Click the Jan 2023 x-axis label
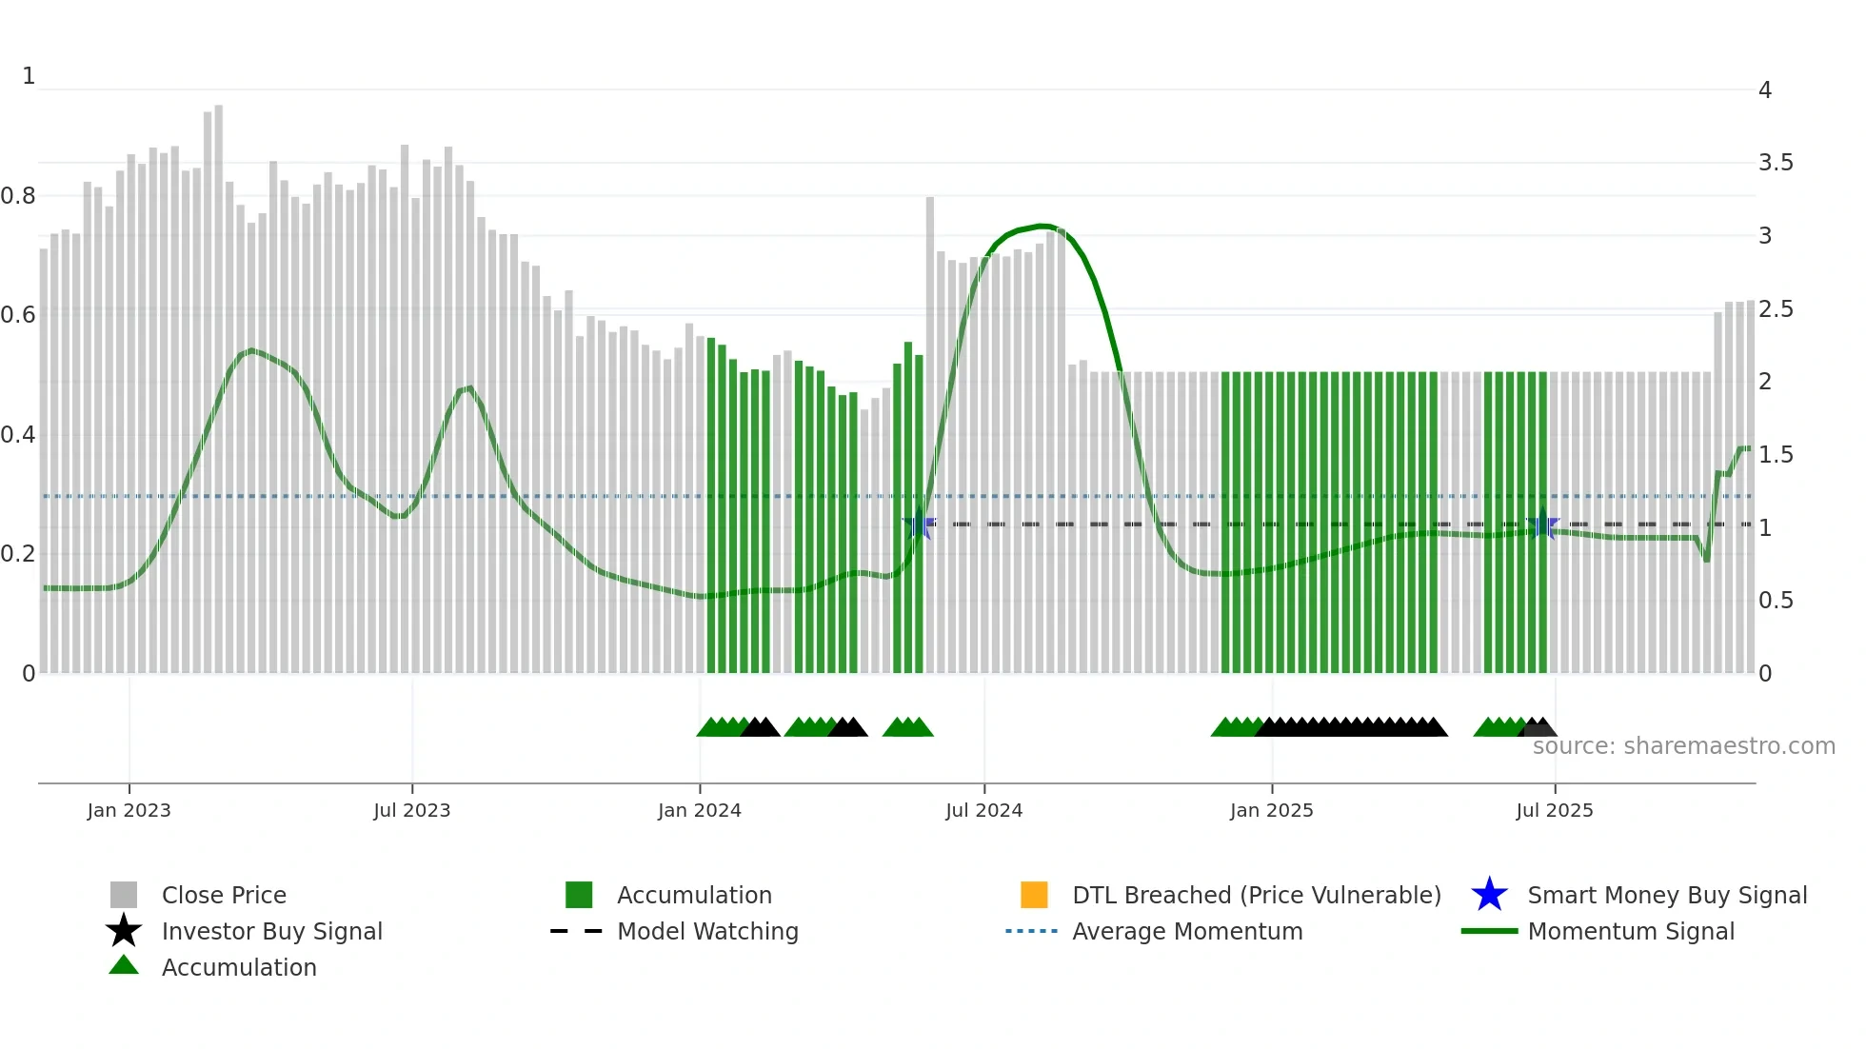[129, 810]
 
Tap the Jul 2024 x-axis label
[983, 810]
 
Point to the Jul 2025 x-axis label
[1554, 810]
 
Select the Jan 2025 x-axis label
[1271, 810]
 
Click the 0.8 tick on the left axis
[18, 196]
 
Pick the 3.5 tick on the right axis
[1776, 163]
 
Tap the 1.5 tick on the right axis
[1776, 455]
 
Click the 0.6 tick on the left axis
[18, 315]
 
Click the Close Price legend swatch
[124, 895]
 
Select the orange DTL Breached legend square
[1034, 895]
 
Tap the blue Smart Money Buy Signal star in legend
[1489, 895]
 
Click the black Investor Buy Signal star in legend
[124, 931]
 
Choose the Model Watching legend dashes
[576, 931]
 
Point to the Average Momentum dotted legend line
[1031, 931]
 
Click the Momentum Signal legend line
[1489, 931]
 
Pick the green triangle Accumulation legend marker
[124, 966]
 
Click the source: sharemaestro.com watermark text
[1683, 746]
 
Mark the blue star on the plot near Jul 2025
[1543, 524]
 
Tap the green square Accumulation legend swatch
[579, 895]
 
